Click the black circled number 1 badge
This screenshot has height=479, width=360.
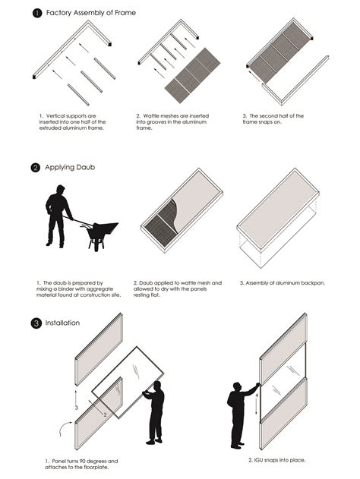click(x=37, y=13)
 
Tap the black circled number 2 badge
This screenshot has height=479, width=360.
click(x=36, y=168)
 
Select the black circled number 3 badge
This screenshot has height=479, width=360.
click(x=36, y=323)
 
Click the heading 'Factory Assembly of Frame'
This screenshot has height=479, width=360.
click(x=91, y=13)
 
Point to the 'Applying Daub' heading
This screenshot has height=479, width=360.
click(x=70, y=168)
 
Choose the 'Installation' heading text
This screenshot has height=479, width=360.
click(x=62, y=323)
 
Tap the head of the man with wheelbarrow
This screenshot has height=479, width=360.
click(x=61, y=190)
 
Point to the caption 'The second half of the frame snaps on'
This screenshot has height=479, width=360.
click(x=273, y=119)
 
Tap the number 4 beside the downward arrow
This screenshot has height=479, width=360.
click(x=257, y=395)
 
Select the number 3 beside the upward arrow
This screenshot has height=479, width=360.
click(x=77, y=408)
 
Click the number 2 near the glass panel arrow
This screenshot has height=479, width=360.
click(x=105, y=414)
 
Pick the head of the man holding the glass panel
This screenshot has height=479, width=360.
click(x=157, y=386)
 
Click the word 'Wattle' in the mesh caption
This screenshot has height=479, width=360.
click(x=151, y=116)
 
